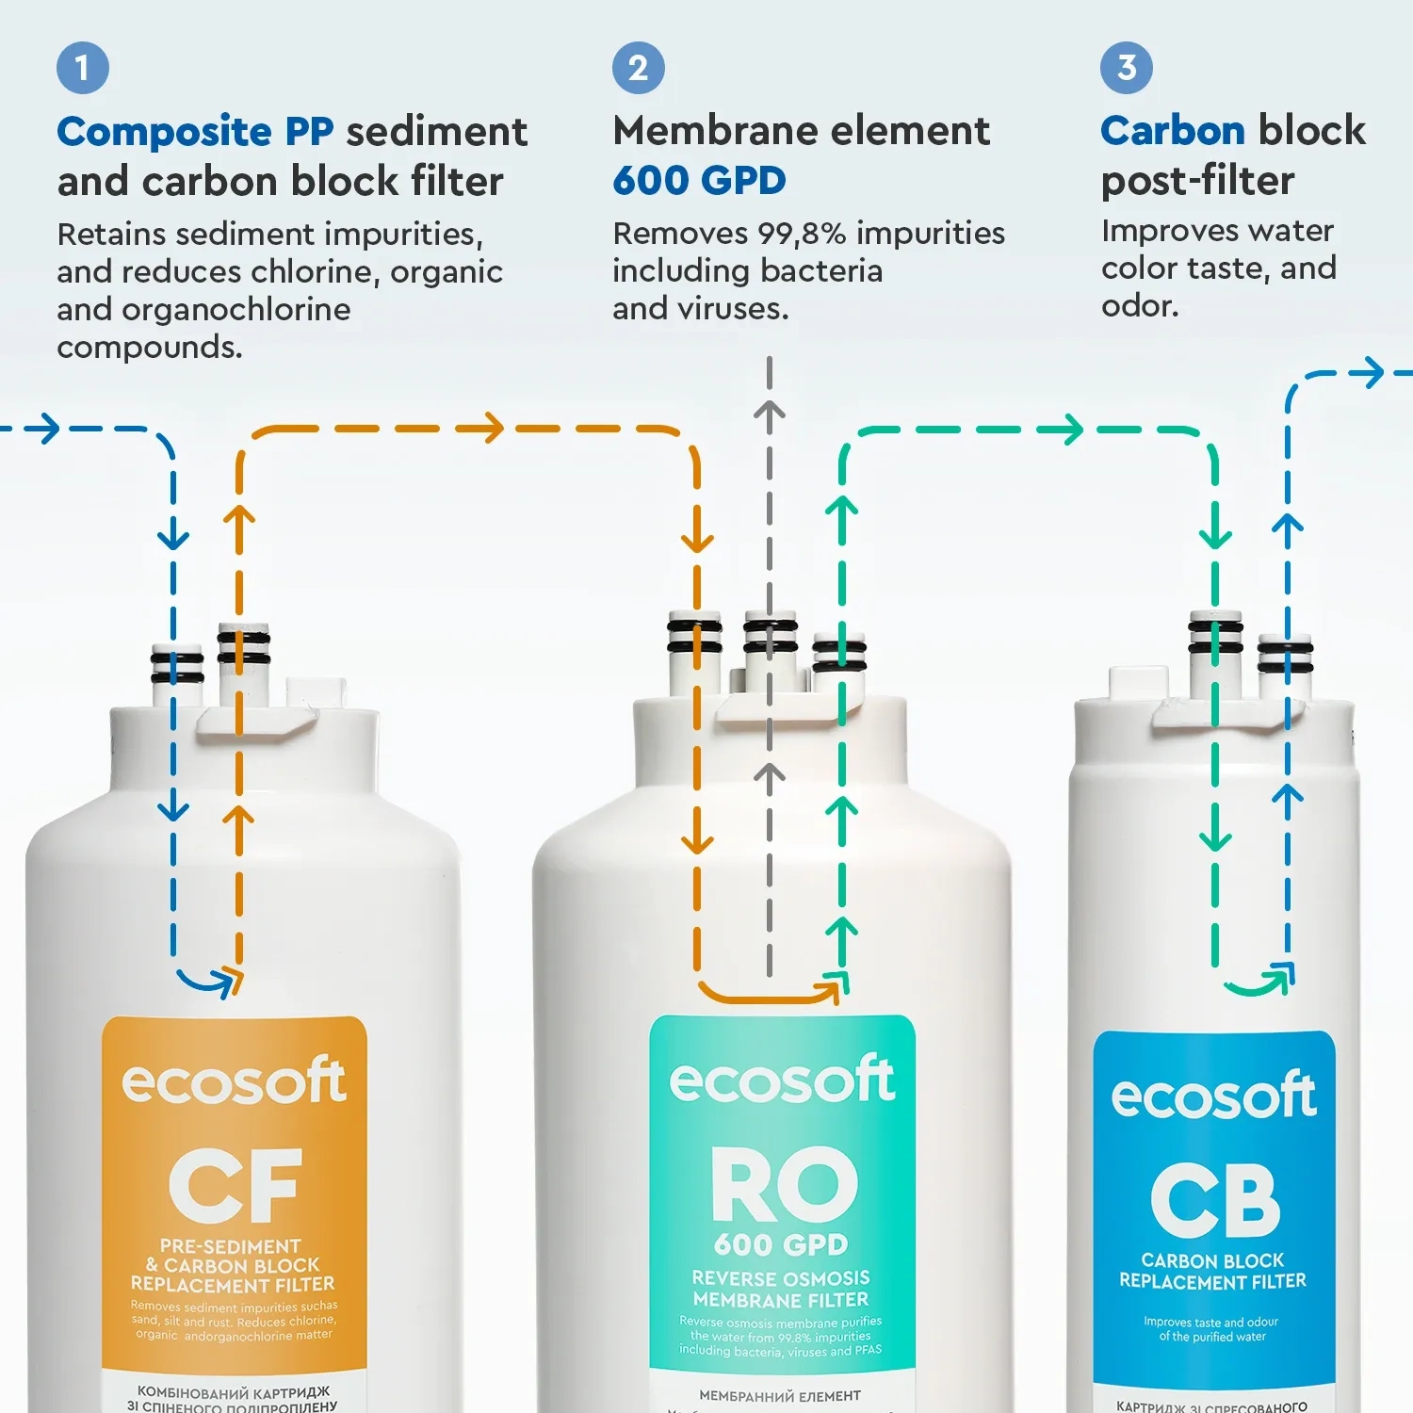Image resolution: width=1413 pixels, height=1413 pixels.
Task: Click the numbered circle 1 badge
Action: pos(83,68)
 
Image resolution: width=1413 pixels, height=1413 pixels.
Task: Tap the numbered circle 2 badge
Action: pos(639,68)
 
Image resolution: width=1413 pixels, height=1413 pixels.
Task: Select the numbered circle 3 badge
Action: pos(1127,68)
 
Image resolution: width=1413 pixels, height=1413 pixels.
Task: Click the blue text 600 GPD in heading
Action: pos(699,181)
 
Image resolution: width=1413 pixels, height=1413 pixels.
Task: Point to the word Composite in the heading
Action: pos(164,132)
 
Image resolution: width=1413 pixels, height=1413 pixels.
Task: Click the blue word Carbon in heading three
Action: pos(1173,131)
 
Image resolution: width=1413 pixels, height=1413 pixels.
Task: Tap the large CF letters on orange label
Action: pos(235,1184)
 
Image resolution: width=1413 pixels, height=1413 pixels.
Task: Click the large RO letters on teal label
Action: pos(784,1184)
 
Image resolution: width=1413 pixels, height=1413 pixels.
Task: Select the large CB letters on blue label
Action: pos(1215,1200)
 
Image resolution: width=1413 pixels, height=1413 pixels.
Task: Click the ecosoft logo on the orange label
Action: pos(234,1081)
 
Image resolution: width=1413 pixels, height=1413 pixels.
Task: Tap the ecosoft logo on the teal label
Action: pos(782,1080)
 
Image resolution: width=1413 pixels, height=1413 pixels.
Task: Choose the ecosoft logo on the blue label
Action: pos(1213,1096)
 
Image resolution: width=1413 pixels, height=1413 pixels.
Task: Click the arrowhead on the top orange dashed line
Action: pos(490,429)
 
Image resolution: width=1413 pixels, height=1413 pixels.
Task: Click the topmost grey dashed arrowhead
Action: pos(770,412)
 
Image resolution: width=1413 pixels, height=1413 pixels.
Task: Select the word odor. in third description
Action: pos(1140,306)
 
